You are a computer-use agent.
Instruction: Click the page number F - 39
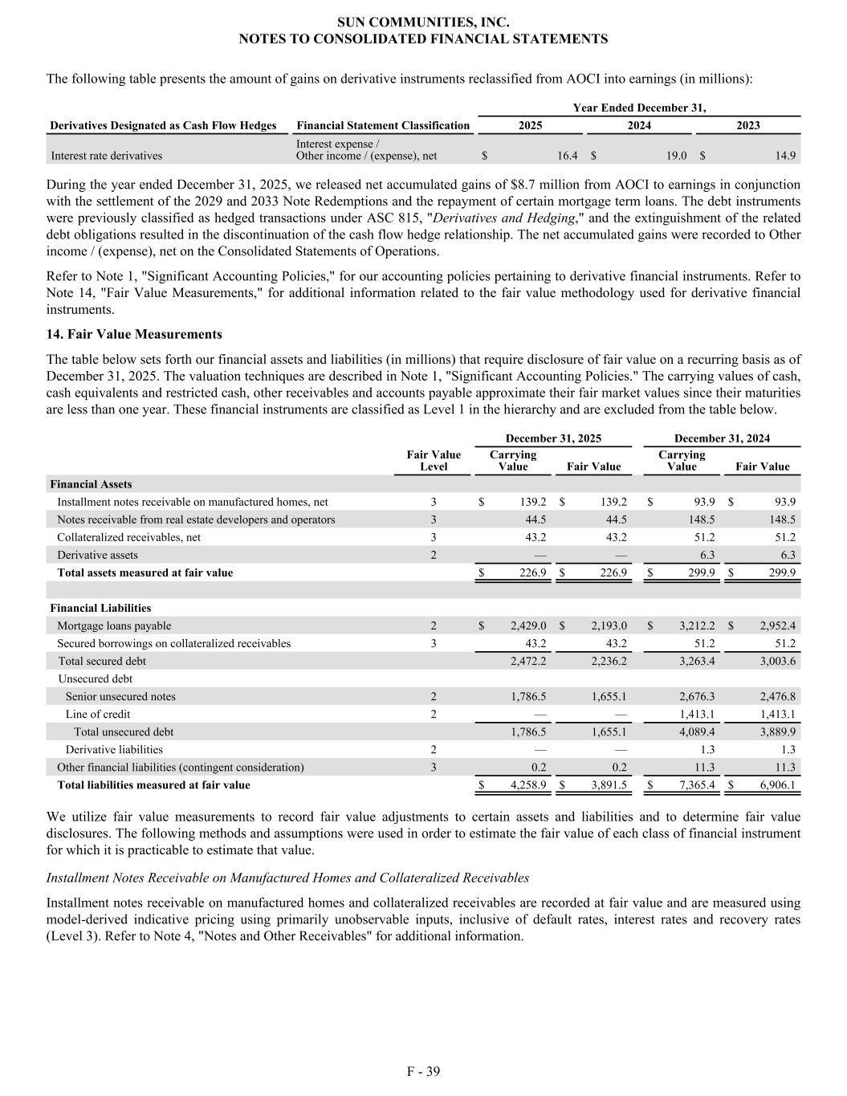423,1071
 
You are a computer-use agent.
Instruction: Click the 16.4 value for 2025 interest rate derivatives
566,156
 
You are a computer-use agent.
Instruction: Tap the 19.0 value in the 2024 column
676,156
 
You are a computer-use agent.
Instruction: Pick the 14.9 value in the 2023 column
786,156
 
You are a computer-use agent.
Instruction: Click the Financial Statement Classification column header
383,125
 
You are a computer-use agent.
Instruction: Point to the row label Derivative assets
97,555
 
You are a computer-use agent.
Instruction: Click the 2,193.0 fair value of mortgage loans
609,625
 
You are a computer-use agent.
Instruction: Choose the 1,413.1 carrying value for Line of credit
697,714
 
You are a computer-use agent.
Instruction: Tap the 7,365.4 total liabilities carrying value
697,784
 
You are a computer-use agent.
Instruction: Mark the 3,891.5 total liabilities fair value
609,784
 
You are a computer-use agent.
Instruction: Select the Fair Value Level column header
434,460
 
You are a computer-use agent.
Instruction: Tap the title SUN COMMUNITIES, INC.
423,22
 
